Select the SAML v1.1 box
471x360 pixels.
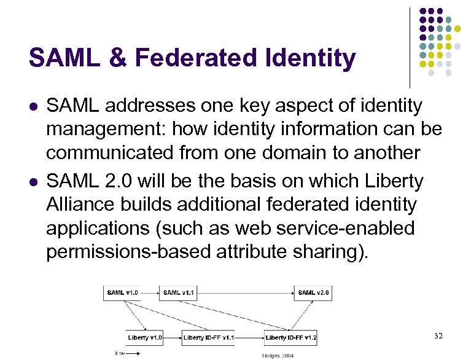click(179, 292)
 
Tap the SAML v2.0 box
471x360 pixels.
click(314, 292)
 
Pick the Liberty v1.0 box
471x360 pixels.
click(145, 337)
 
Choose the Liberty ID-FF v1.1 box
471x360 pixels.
click(208, 337)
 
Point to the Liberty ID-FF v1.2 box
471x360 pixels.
click(291, 337)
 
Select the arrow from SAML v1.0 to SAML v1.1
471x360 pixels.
click(151, 292)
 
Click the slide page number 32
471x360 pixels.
click(438, 336)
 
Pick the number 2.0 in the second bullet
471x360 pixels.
click(122, 181)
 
